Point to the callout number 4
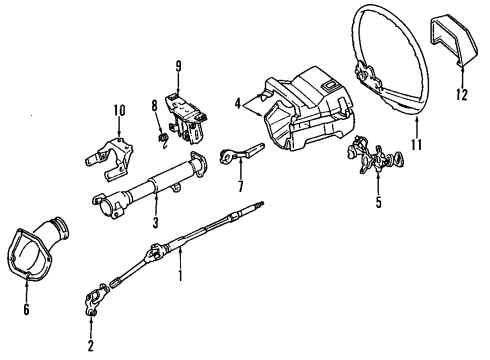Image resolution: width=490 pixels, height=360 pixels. tap(237, 101)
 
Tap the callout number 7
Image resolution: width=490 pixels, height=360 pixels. tap(240, 186)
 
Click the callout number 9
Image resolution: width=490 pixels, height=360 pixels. tap(178, 67)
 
